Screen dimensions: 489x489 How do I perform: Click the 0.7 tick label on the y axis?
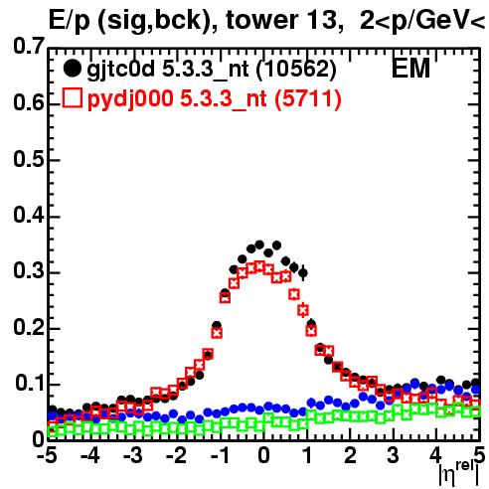pos(29,46)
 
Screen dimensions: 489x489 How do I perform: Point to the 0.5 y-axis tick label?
pos(29,159)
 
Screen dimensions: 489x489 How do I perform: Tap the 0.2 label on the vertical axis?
pos(29,328)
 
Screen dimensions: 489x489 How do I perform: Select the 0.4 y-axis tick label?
pos(29,215)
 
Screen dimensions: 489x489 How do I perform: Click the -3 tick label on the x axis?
pos(133,455)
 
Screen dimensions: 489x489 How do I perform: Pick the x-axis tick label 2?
pos(351,455)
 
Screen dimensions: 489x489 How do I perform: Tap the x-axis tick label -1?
pos(221,455)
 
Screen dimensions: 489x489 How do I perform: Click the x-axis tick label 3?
pos(394,455)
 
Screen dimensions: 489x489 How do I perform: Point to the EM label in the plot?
pos(410,69)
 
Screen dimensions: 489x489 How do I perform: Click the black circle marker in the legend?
pos(72,69)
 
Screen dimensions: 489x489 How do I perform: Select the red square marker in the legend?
pos(72,97)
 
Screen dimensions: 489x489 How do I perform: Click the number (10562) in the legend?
pos(296,70)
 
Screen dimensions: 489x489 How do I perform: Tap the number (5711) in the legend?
pos(308,99)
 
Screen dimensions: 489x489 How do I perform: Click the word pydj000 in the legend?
pos(130,99)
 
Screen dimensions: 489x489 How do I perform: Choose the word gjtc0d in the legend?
pos(120,70)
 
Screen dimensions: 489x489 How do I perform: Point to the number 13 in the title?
pos(319,20)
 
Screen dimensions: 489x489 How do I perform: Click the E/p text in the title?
pos(69,21)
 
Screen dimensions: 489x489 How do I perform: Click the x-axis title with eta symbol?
pos(459,474)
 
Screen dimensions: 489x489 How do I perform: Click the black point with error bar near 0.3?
pos(303,273)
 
